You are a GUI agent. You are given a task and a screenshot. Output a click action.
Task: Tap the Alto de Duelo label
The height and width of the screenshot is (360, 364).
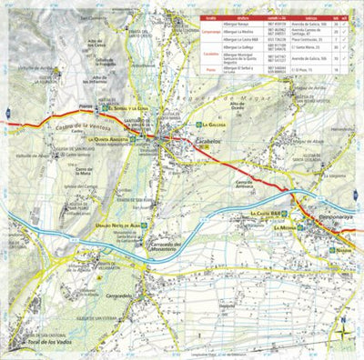click(x=239, y=107)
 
